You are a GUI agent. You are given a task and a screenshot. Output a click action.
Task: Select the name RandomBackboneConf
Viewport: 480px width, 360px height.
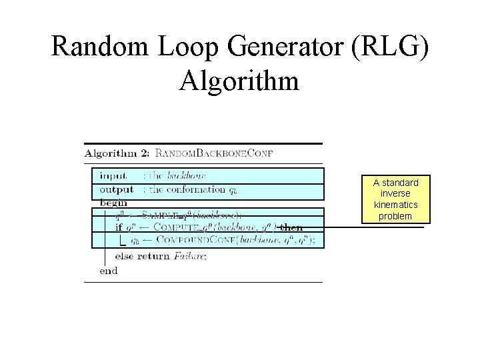[x=214, y=153]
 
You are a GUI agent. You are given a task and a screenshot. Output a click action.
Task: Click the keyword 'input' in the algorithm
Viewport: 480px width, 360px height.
[x=113, y=176]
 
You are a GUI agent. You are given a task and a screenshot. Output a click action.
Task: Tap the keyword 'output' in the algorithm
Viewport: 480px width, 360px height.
[x=117, y=189]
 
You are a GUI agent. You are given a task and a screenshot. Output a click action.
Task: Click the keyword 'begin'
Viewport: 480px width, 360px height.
[x=113, y=202]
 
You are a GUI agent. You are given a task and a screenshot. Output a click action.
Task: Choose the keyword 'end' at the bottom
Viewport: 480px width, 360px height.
[x=108, y=270]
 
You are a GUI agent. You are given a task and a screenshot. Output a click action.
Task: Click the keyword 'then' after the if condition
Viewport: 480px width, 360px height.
[x=291, y=227]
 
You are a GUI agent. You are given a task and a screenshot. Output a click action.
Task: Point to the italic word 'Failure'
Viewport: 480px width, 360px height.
[x=190, y=255]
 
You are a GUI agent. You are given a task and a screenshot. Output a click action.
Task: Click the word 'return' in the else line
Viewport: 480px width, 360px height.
[x=156, y=255]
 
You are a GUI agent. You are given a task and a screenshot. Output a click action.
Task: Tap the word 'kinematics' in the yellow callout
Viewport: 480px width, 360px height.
[x=396, y=205]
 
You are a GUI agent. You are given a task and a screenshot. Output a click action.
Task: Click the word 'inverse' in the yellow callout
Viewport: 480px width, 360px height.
[x=396, y=193]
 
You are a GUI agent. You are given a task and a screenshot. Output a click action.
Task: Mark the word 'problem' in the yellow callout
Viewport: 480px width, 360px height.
[x=396, y=216]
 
